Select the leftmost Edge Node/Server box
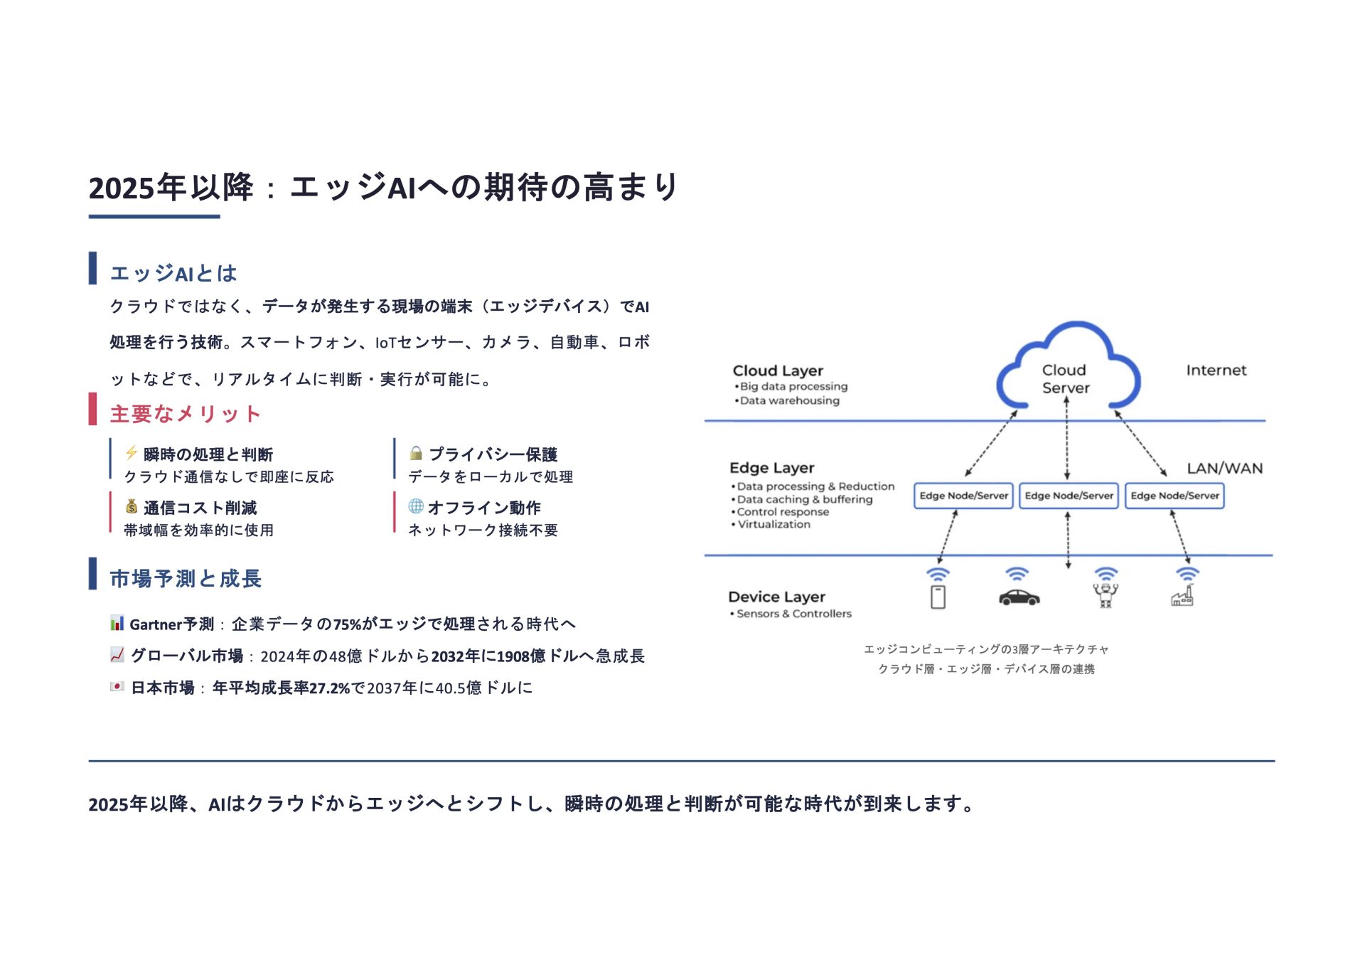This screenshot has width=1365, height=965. pyautogui.click(x=963, y=496)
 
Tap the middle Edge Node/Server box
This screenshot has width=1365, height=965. pyautogui.click(x=1069, y=496)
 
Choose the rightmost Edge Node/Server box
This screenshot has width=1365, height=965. pyautogui.click(x=1174, y=496)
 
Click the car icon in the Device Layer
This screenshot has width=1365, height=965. pyautogui.click(x=1019, y=598)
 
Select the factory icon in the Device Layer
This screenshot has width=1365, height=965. pyautogui.click(x=1182, y=596)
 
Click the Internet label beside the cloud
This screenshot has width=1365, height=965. pyautogui.click(x=1216, y=370)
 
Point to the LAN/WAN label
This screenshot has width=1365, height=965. pyautogui.click(x=1224, y=469)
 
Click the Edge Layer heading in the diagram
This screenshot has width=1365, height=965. pyautogui.click(x=771, y=468)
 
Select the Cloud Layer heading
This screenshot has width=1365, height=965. pyautogui.click(x=778, y=370)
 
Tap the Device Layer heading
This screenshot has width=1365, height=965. pyautogui.click(x=776, y=597)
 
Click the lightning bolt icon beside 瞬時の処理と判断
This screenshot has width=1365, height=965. pyautogui.click(x=132, y=453)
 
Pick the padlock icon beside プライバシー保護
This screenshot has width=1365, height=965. pyautogui.click(x=416, y=453)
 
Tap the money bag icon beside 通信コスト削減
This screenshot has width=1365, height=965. pyautogui.click(x=132, y=506)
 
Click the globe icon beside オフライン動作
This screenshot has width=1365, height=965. pyautogui.click(x=416, y=506)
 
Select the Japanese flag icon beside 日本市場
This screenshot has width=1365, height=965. pyautogui.click(x=117, y=686)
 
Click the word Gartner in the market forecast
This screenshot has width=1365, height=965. pyautogui.click(x=156, y=624)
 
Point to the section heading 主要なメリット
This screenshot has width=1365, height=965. pyautogui.click(x=185, y=414)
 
